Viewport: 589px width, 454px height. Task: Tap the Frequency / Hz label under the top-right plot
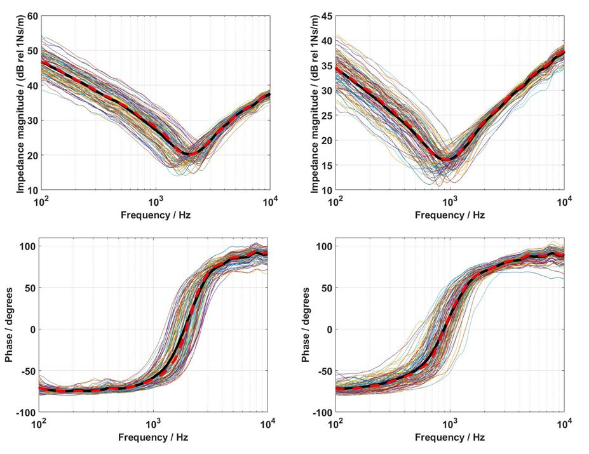coord(449,215)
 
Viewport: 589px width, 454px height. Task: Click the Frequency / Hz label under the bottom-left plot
coord(154,437)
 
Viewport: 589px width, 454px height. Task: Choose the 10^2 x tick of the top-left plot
coord(40,201)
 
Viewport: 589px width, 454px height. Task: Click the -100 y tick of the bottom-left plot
coord(27,413)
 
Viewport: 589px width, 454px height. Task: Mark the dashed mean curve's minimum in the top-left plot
coord(189,153)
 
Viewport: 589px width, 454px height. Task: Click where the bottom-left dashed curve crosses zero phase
coord(185,329)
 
